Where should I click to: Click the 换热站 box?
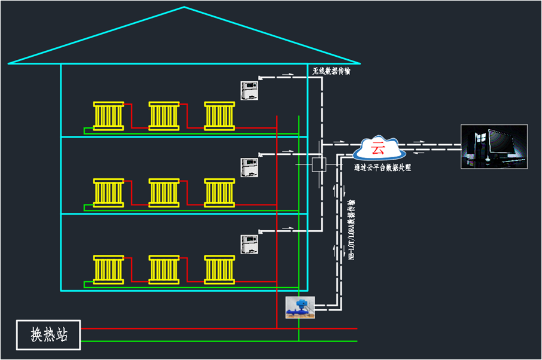48,335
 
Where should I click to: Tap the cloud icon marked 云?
378,147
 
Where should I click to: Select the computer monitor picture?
494,147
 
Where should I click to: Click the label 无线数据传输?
331,71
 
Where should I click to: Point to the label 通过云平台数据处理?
382,167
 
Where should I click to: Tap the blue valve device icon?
300,307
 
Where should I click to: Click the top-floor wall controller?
249,90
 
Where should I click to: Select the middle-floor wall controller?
249,167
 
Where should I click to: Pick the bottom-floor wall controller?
249,244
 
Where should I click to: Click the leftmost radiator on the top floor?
108,115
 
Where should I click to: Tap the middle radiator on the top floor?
164,115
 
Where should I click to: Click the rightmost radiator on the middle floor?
220,193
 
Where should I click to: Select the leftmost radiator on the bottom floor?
108,269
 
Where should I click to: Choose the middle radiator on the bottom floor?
164,269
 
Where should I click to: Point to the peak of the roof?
184,8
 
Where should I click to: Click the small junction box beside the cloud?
319,164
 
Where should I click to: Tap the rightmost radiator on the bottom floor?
220,269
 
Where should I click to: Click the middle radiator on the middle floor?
164,193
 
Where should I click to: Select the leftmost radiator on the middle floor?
108,193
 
